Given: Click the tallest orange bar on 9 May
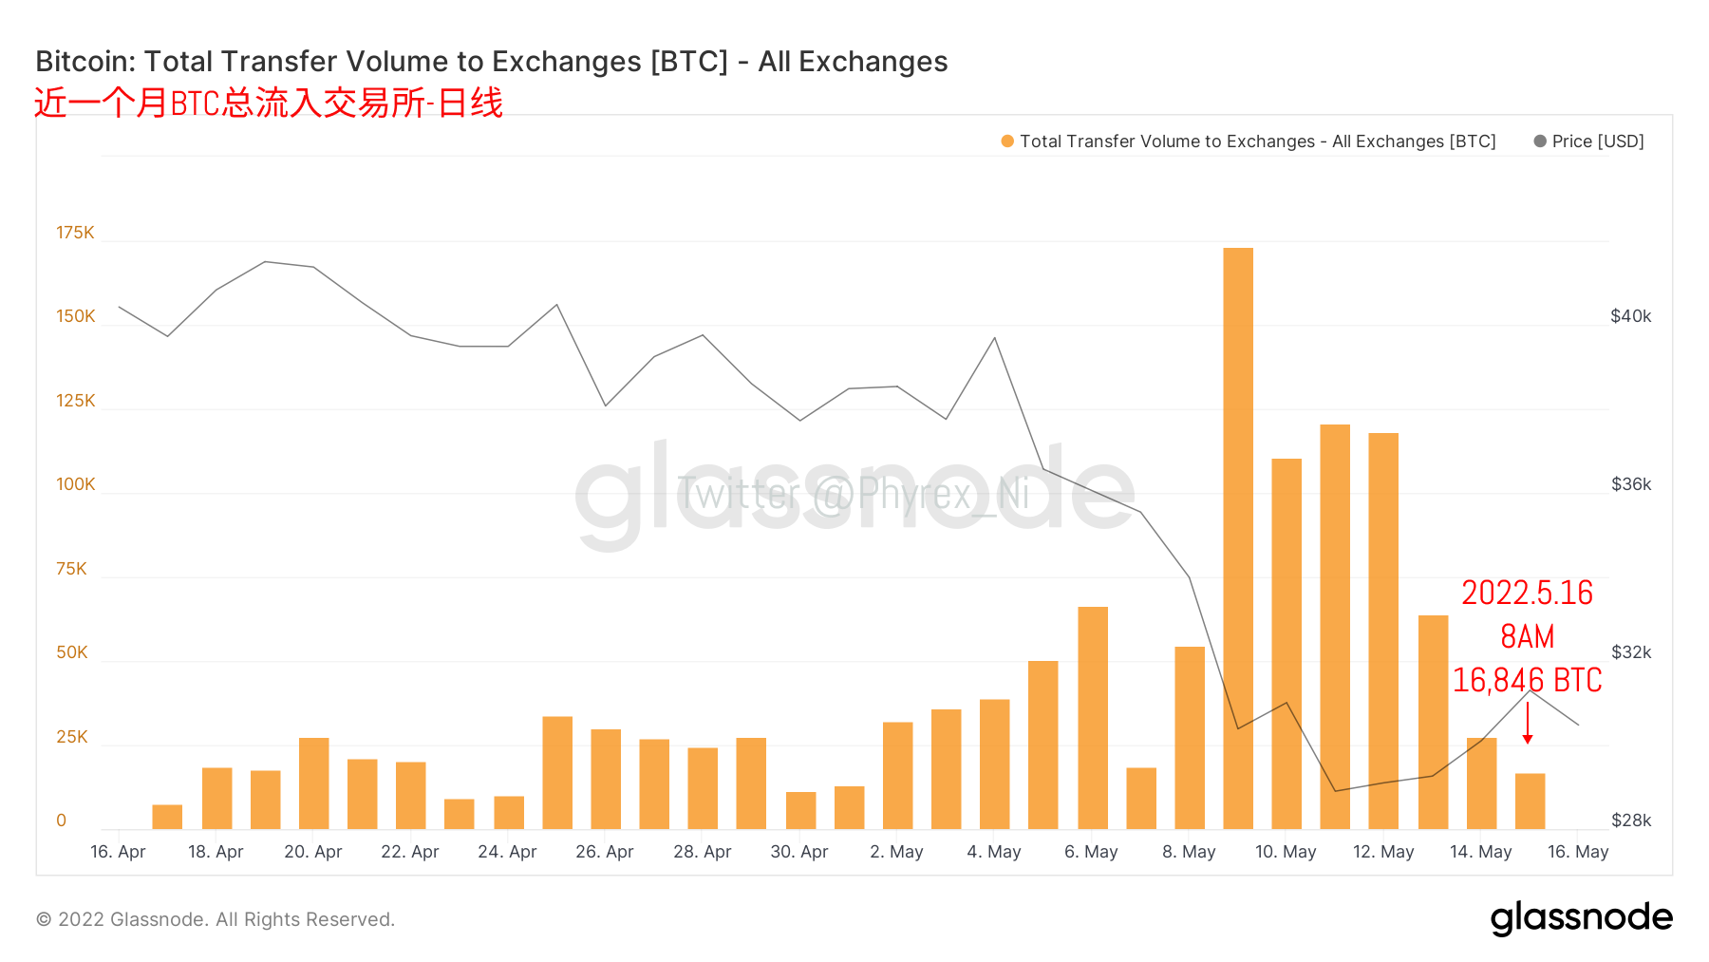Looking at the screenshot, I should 1238,538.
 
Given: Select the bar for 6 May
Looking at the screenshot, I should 1093,717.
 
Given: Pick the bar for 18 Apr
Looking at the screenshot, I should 216,798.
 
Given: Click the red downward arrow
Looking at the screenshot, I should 1528,724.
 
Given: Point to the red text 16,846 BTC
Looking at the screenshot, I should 1527,680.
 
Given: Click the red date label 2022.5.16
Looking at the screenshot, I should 1527,593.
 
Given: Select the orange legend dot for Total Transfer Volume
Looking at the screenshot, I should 1007,141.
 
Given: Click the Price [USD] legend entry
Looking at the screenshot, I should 1589,141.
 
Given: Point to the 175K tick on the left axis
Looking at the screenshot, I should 75,233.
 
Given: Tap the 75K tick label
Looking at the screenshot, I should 71,569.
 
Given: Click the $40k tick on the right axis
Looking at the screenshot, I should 1630,316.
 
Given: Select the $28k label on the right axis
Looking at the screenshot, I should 1630,821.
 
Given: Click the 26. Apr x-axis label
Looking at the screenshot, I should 604,852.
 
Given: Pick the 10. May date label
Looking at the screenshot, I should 1286,852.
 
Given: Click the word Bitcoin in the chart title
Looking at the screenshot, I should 85,62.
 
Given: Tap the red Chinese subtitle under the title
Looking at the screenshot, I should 268,103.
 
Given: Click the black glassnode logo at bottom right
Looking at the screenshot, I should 1581,918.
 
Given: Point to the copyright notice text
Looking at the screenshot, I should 216,919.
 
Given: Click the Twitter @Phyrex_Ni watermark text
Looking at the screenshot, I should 853,494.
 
